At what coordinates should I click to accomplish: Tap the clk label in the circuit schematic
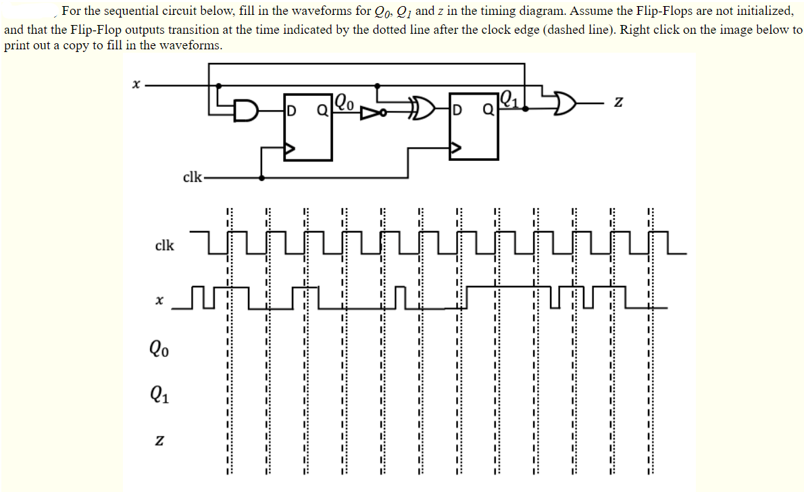pyautogui.click(x=192, y=178)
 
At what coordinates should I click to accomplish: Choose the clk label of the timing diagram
pyautogui.click(x=164, y=245)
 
